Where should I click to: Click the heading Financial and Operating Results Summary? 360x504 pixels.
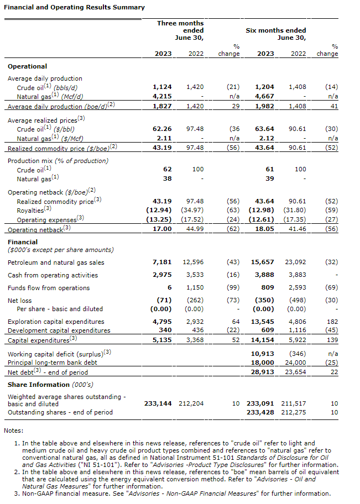[x=74, y=7]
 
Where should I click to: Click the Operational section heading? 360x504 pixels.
[x=27, y=66]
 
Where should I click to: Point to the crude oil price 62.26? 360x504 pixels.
[x=162, y=129]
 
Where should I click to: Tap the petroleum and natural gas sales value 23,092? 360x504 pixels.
[x=295, y=262]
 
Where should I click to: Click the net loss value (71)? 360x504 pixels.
[x=164, y=301]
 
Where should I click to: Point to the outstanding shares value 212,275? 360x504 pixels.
[x=295, y=412]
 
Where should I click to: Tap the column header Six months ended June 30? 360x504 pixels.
[x=276, y=34]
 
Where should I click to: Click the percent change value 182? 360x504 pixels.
[x=332, y=321]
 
